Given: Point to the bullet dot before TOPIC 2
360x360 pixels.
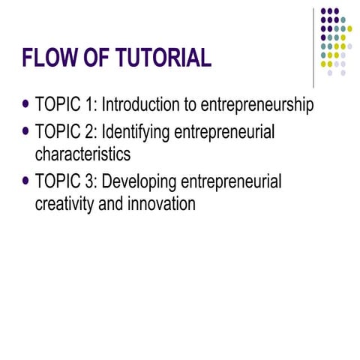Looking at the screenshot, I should pyautogui.click(x=27, y=133).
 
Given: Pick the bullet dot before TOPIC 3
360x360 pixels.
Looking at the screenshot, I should pyautogui.click(x=27, y=181).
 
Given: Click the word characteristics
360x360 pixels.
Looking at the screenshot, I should pyautogui.click(x=83, y=155).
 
